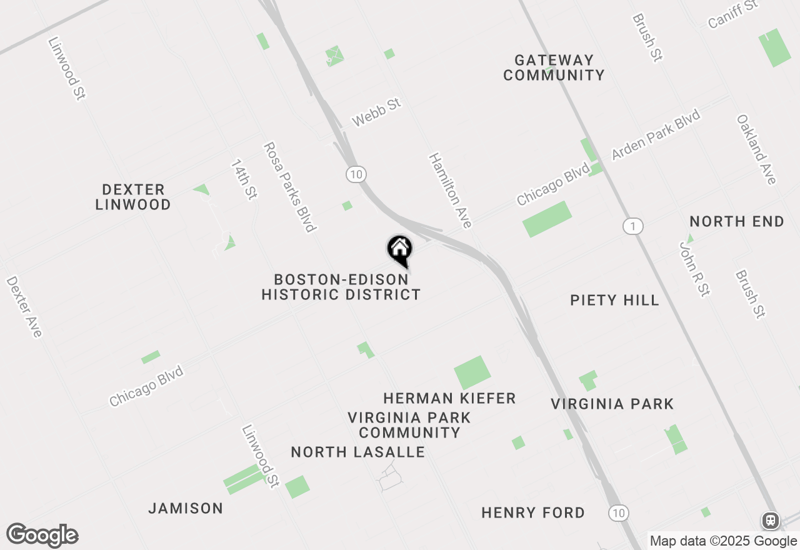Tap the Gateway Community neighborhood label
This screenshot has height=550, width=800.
(x=554, y=67)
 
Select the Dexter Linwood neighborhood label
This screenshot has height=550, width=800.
(x=133, y=197)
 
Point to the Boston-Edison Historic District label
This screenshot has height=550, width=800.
(x=341, y=287)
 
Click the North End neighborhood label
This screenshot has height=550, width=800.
(x=737, y=222)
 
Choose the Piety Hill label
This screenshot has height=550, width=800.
(x=614, y=301)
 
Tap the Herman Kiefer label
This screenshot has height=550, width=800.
(x=449, y=398)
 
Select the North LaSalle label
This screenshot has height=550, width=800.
(x=358, y=452)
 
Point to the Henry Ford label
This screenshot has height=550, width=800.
(x=533, y=513)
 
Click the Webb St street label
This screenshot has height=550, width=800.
(x=376, y=112)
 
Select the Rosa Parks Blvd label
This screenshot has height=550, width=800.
(x=288, y=186)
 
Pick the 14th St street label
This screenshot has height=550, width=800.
(x=244, y=179)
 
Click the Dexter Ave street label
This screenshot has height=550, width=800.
(x=24, y=306)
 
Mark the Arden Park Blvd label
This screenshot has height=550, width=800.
(x=656, y=134)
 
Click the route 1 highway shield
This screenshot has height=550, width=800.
(x=633, y=226)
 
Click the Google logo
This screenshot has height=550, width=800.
(x=42, y=535)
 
